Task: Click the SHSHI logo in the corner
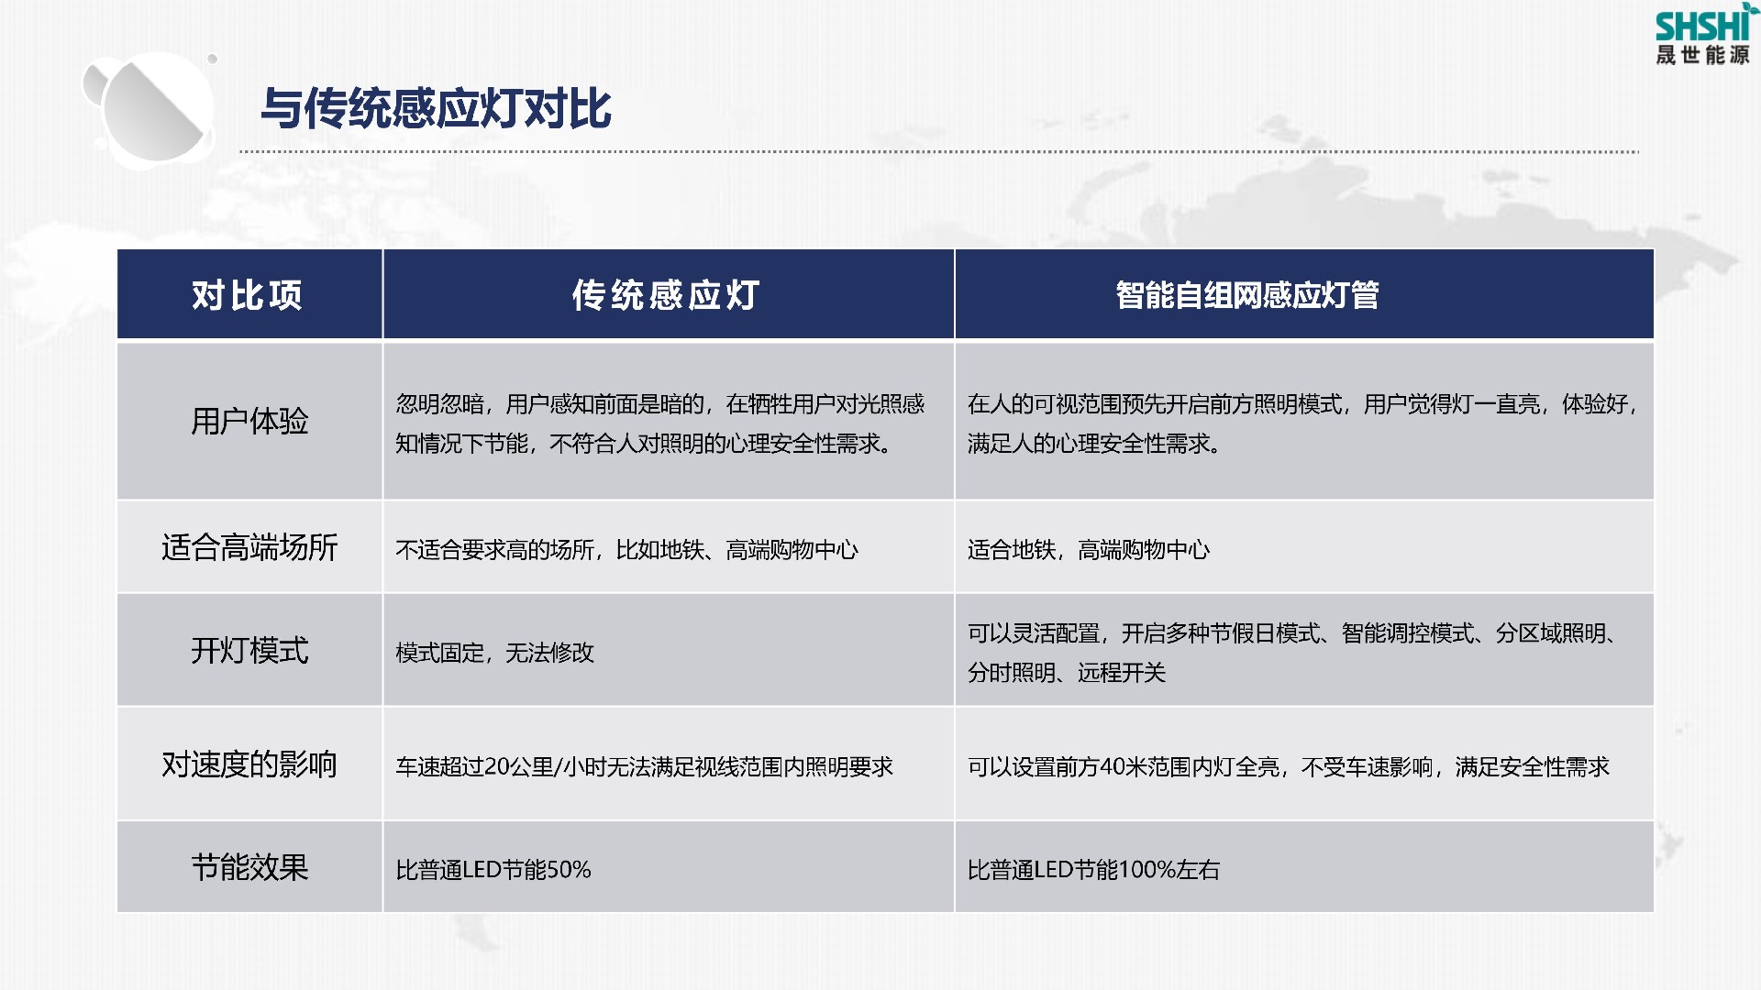pyautogui.click(x=1703, y=35)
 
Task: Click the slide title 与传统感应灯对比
pyautogui.click(x=436, y=108)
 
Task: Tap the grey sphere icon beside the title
pyautogui.click(x=151, y=109)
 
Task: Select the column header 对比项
pyautogui.click(x=247, y=295)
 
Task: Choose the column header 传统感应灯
pyautogui.click(x=667, y=295)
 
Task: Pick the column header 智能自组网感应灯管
pyautogui.click(x=1247, y=295)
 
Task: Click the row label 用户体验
pyautogui.click(x=249, y=422)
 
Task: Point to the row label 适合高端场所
pyautogui.click(x=249, y=547)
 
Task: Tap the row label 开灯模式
pyautogui.click(x=249, y=651)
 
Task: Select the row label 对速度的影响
pyautogui.click(x=249, y=764)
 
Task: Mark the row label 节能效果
pyautogui.click(x=249, y=867)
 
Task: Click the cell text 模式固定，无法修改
pyautogui.click(x=494, y=653)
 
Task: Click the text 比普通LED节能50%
pyautogui.click(x=493, y=870)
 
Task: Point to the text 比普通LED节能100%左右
pyautogui.click(x=1093, y=870)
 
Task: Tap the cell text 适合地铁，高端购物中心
pyautogui.click(x=1089, y=550)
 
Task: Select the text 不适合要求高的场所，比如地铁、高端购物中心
pyautogui.click(x=626, y=550)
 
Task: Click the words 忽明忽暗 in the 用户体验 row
pyautogui.click(x=439, y=404)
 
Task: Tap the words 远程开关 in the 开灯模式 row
pyautogui.click(x=1121, y=673)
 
